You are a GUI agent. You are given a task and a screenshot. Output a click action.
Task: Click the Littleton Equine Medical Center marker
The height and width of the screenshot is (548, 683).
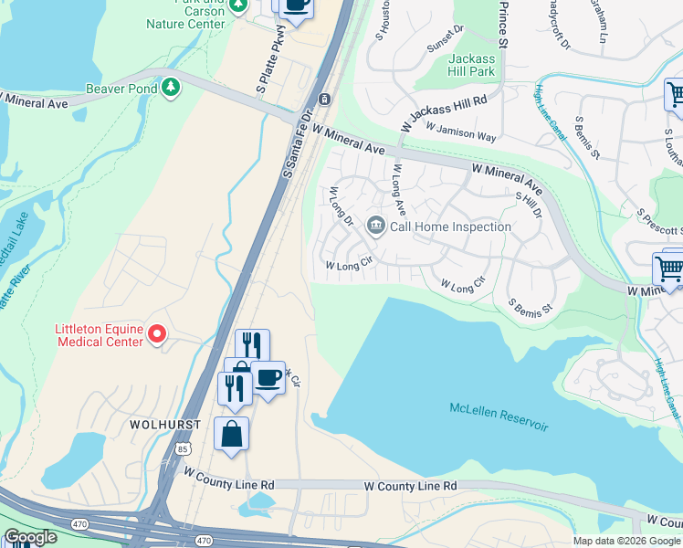pyautogui.click(x=157, y=334)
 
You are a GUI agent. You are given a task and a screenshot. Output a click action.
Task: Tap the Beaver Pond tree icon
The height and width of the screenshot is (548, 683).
pyautogui.click(x=171, y=87)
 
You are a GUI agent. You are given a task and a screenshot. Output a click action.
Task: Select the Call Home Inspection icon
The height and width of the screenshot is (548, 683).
pyautogui.click(x=375, y=225)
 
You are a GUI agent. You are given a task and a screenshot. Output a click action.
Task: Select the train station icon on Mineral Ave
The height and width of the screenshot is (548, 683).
pyautogui.click(x=324, y=99)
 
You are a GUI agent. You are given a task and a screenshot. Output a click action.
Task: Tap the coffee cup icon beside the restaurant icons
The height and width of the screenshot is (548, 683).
pyautogui.click(x=268, y=376)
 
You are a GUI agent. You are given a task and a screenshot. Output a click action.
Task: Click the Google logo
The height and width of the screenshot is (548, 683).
pyautogui.click(x=30, y=537)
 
